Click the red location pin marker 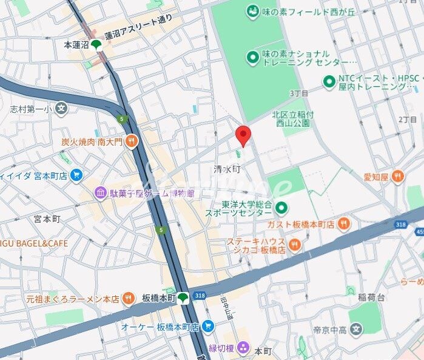[x=243, y=135]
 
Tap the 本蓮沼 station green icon [x=96, y=44]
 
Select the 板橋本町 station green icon [x=183, y=297]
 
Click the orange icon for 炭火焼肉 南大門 [x=132, y=141]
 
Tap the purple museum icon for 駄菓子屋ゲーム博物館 [x=100, y=193]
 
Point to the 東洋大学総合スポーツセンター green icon [x=281, y=209]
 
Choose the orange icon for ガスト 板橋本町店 [x=344, y=224]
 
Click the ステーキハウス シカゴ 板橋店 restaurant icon [x=295, y=245]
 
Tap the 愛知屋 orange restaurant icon [x=397, y=177]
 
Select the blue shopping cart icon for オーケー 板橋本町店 [x=207, y=327]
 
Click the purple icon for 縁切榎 [x=243, y=348]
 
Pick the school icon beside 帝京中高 [x=356, y=330]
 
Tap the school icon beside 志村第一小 [x=61, y=109]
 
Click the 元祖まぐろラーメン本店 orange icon [x=128, y=299]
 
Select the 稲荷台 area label [x=371, y=297]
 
